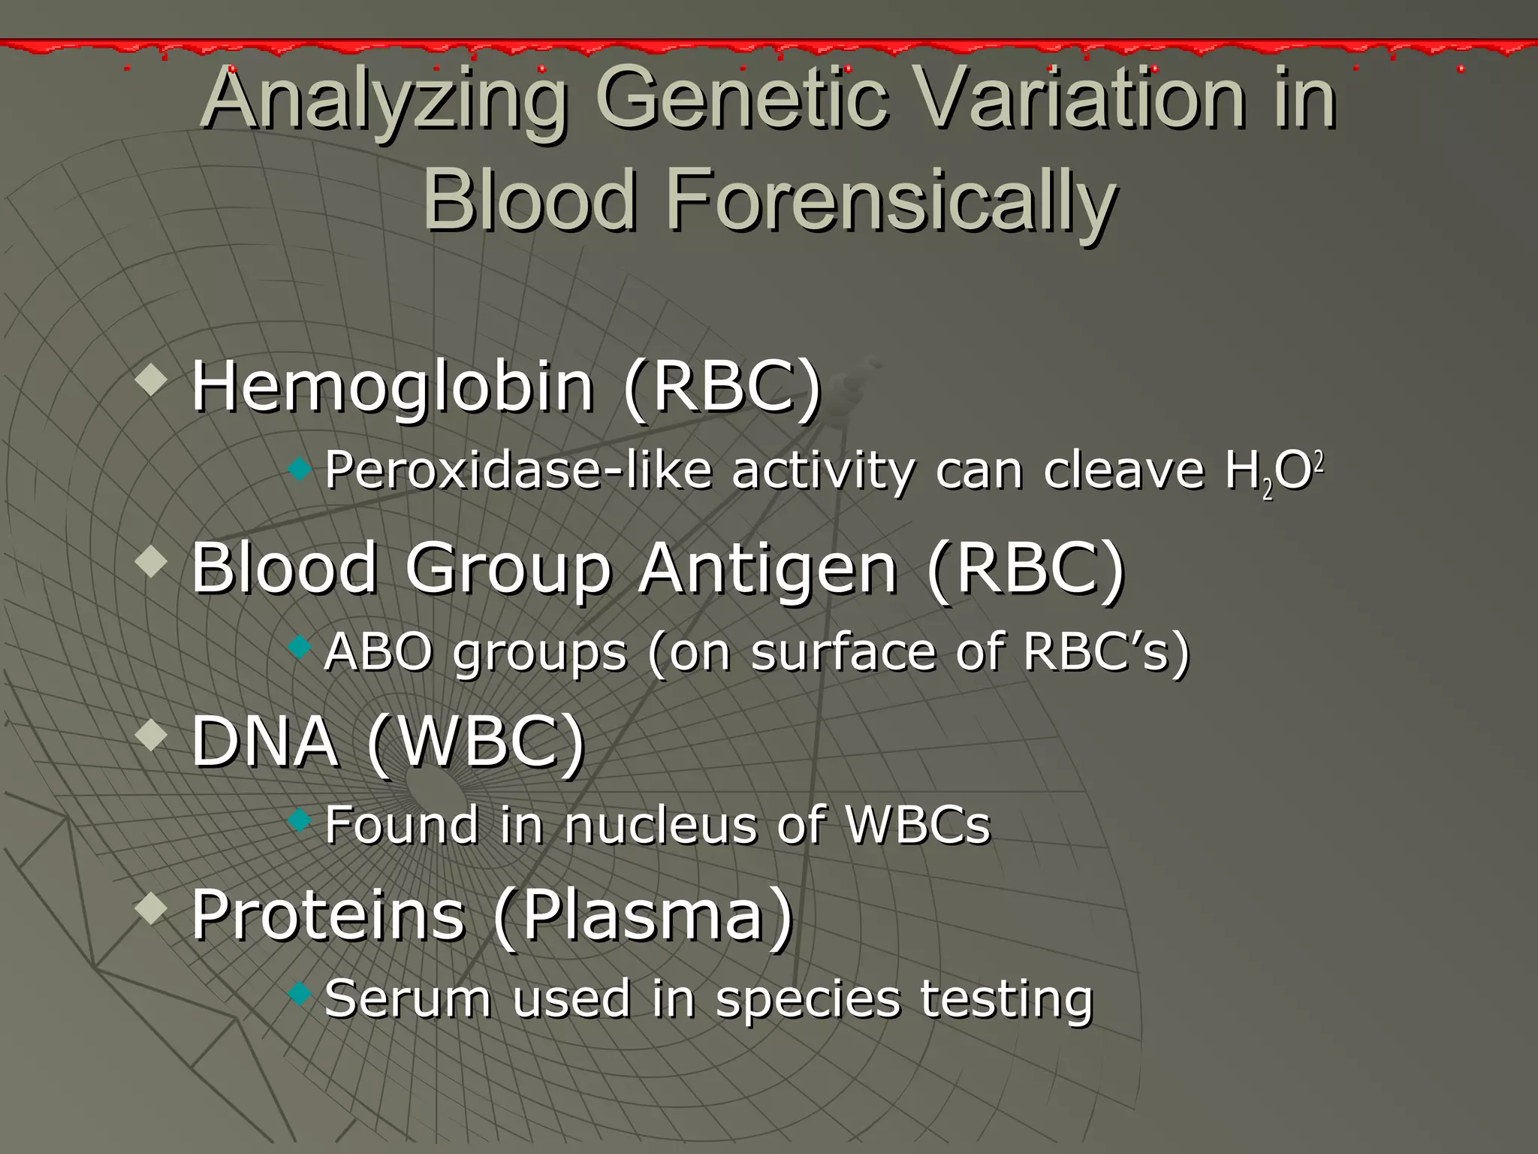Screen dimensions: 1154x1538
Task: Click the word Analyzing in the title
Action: [x=383, y=101]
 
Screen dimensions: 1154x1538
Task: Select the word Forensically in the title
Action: [x=889, y=199]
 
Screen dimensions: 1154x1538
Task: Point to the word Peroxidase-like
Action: [x=518, y=472]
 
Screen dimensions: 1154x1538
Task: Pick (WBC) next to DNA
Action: [x=476, y=742]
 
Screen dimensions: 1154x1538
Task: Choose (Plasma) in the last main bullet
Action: [x=643, y=915]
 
